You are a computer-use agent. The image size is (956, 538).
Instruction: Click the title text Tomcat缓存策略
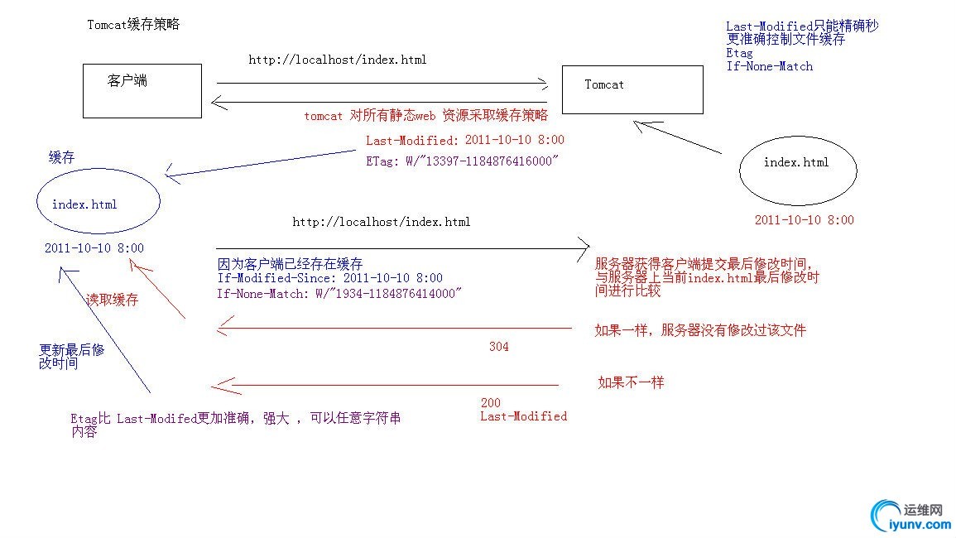pos(133,25)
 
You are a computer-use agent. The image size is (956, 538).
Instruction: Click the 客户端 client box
pos(142,91)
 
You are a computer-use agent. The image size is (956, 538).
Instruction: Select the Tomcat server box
pos(632,89)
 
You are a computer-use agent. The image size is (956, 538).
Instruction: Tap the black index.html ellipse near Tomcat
pos(796,170)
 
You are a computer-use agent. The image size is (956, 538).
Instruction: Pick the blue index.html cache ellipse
pos(98,204)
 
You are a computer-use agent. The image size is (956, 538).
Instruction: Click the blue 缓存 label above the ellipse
pos(61,158)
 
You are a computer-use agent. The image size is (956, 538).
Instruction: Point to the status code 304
pos(498,347)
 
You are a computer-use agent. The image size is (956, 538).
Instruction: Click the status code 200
pos(490,403)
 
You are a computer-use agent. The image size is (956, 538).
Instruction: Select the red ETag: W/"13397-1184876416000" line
pos(462,161)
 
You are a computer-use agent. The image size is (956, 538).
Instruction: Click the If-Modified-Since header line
pos(329,279)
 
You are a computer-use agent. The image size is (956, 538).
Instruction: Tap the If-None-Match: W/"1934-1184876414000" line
pos(339,293)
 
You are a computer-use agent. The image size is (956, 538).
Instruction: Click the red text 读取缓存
pos(113,300)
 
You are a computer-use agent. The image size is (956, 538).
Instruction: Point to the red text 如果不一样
pos(631,382)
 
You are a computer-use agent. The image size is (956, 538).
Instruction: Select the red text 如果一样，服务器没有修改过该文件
pos(700,330)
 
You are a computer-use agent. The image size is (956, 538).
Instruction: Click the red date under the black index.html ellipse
pos(804,220)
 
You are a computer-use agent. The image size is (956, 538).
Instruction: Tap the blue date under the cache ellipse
pos(94,248)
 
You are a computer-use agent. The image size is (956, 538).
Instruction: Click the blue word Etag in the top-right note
pos(739,53)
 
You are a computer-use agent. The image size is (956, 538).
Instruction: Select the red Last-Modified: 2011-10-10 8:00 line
pos(465,140)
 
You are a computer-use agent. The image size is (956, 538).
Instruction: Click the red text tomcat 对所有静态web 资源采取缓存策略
pos(425,116)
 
